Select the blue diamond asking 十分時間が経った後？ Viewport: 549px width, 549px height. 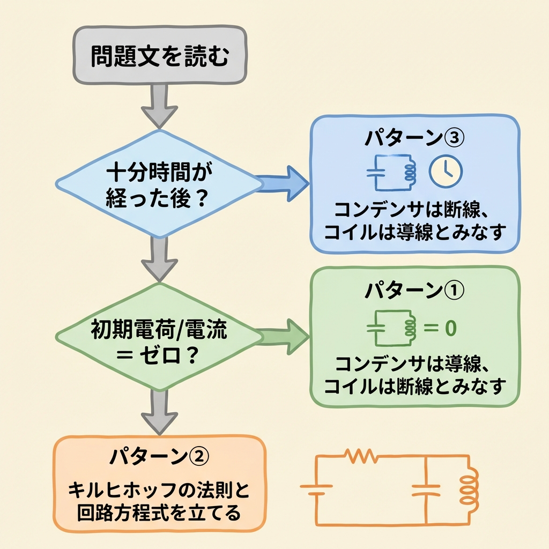[x=159, y=184]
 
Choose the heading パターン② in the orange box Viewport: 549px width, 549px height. [x=159, y=457]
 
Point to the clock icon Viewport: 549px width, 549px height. [x=446, y=172]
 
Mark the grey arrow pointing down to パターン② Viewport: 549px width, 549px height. [x=159, y=414]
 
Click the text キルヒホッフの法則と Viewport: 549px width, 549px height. [x=159, y=491]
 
